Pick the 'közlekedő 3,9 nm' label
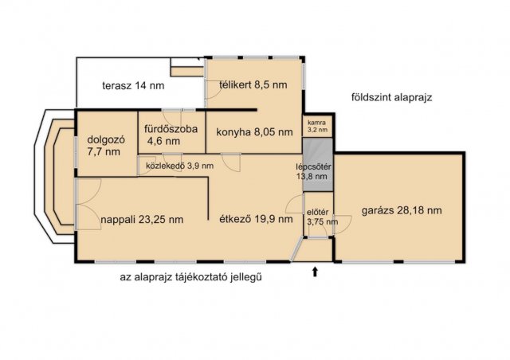pos(177,166)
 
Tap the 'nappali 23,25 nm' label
pos(142,220)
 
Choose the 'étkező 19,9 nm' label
pos(249,220)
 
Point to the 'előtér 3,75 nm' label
pos(318,217)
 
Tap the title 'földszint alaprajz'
pos(390,98)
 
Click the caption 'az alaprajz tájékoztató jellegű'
pos(191,278)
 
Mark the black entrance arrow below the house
pos(316,272)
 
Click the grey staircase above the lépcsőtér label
pos(317,147)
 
